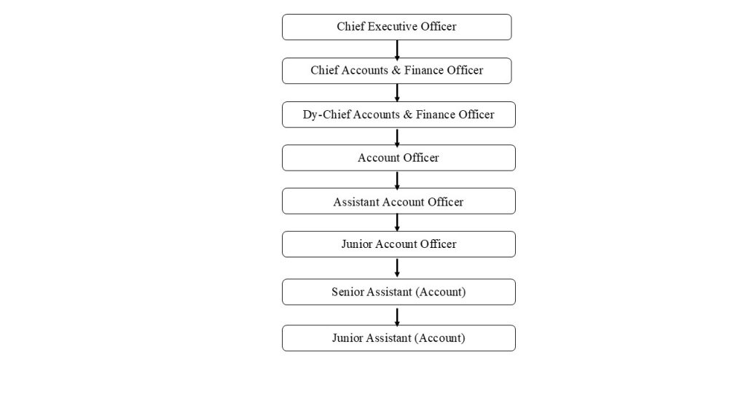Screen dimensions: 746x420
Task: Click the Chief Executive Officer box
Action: pyautogui.click(x=397, y=27)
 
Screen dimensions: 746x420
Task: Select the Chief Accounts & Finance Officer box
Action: pyautogui.click(x=397, y=71)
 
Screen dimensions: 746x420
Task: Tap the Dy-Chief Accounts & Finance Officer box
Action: pyautogui.click(x=398, y=114)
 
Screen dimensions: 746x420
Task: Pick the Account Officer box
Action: pyautogui.click(x=398, y=158)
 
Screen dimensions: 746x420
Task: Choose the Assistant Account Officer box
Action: pyautogui.click(x=398, y=201)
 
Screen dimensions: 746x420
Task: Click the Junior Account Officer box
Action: pyautogui.click(x=398, y=244)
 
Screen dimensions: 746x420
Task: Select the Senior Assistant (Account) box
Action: pyautogui.click(x=398, y=292)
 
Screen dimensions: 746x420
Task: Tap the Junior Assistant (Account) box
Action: pyautogui.click(x=398, y=338)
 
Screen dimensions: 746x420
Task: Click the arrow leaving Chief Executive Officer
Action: pyautogui.click(x=397, y=50)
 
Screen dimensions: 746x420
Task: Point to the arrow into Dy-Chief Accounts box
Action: pyautogui.click(x=397, y=93)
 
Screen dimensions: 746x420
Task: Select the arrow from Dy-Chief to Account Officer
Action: pyautogui.click(x=397, y=138)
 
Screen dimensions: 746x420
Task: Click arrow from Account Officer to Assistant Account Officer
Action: pyautogui.click(x=397, y=181)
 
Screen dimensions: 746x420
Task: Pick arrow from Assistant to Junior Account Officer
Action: pyautogui.click(x=397, y=222)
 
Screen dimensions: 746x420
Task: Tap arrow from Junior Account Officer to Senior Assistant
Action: pyautogui.click(x=397, y=268)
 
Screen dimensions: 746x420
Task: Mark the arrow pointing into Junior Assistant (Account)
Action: pyautogui.click(x=397, y=317)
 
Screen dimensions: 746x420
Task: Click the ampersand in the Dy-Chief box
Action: pyautogui.click(x=408, y=114)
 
